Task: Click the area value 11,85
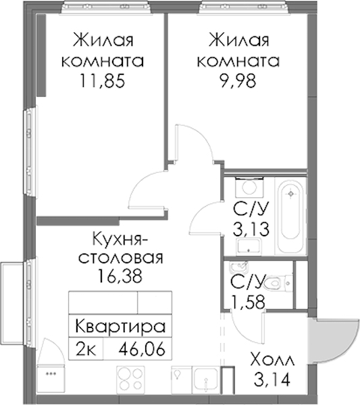coord(103,80)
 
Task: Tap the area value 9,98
coord(238,80)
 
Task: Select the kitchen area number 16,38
coord(120,275)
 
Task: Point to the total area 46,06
coord(142,350)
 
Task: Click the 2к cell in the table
coord(86,350)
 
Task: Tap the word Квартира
coord(120,326)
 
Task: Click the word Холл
coord(273,360)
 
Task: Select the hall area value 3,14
coord(272,379)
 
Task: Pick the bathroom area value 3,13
coord(251,229)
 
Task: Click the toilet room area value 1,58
coord(248,302)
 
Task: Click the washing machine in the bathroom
coord(249,188)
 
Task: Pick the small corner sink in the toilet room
coord(238,267)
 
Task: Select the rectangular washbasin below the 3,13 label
coord(249,247)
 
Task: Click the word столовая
coord(121,258)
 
